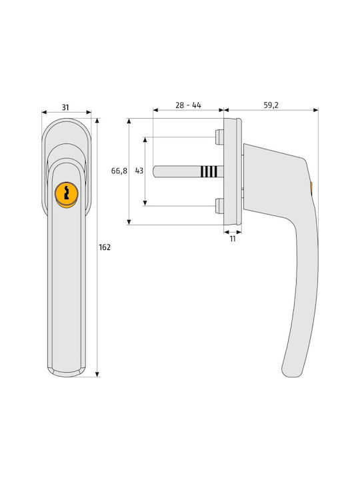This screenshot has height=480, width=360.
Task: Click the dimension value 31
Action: (x=65, y=107)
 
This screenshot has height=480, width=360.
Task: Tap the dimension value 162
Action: (x=105, y=247)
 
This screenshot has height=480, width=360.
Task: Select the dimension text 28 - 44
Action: (x=188, y=105)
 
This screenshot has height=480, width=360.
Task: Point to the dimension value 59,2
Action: (x=271, y=105)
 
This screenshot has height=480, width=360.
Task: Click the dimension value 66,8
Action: (x=119, y=171)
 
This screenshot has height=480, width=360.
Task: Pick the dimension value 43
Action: (x=139, y=171)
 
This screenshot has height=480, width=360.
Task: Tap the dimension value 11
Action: (x=233, y=239)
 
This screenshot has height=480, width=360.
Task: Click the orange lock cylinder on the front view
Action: (x=67, y=195)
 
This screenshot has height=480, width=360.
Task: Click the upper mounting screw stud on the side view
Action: (x=219, y=137)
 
